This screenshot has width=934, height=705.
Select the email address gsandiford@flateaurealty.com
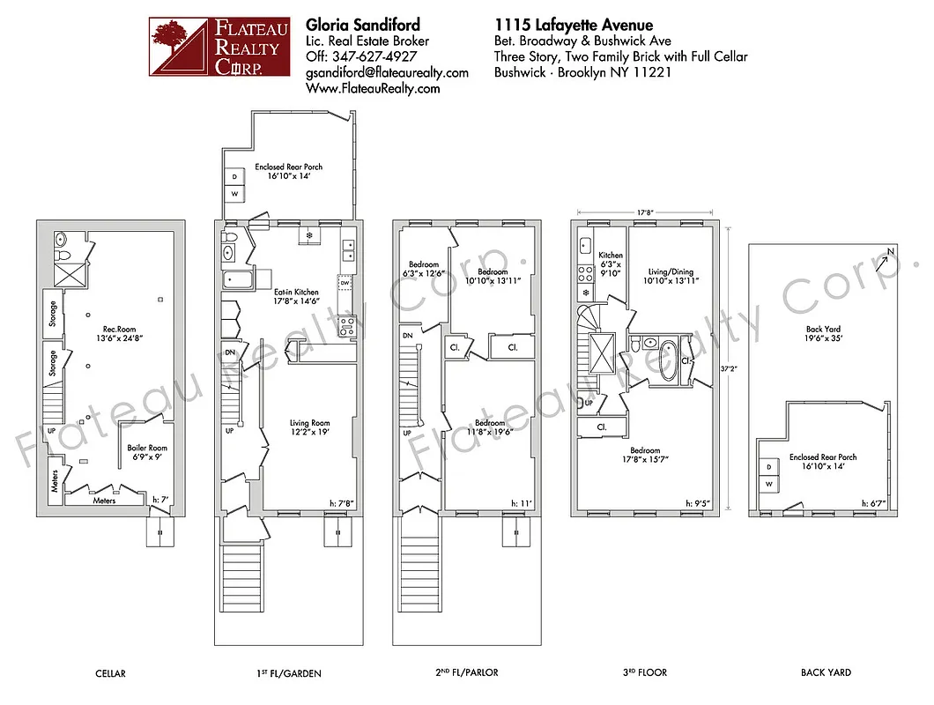tap(387, 72)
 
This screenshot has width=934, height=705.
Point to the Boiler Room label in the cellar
tap(145, 452)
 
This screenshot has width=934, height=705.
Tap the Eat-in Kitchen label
tap(295, 296)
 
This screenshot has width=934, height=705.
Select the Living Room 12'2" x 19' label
tap(309, 427)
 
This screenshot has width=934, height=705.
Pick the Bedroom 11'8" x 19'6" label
tap(487, 427)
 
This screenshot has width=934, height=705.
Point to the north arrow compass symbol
tap(885, 260)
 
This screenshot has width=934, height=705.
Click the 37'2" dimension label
tap(726, 370)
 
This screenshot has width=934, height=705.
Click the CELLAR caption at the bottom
tap(110, 673)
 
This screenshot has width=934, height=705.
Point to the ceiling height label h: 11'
tap(520, 503)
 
